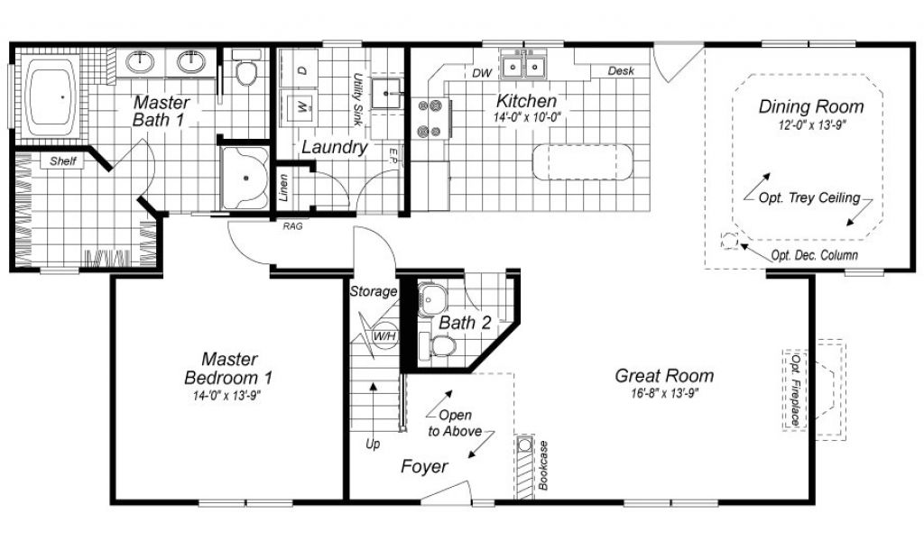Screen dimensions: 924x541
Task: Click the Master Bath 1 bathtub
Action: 51,97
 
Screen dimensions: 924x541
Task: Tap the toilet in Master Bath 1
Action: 246,67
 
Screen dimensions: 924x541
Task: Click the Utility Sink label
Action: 357,99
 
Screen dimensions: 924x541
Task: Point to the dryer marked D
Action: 300,69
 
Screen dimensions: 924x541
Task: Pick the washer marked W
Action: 300,106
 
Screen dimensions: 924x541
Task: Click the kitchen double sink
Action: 523,64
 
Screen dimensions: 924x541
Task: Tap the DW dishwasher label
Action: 482,74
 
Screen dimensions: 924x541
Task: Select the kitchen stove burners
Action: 430,118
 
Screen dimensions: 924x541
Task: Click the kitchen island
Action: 582,162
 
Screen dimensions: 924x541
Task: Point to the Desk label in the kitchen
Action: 621,70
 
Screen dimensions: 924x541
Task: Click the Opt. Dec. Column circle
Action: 729,242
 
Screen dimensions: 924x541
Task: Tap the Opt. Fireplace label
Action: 796,390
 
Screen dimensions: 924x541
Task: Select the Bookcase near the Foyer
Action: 524,467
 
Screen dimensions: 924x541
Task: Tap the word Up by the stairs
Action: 373,444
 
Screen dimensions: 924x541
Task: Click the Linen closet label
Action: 284,188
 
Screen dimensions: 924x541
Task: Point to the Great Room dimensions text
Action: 664,393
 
